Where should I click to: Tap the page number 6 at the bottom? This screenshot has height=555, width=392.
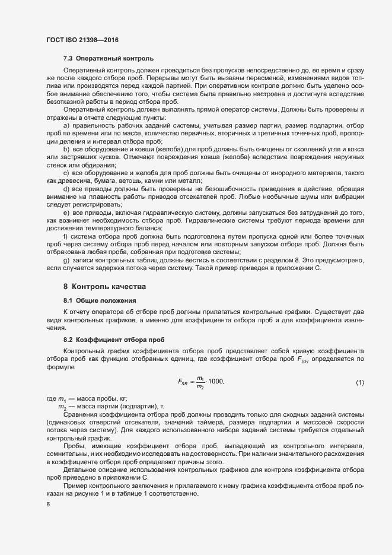48,505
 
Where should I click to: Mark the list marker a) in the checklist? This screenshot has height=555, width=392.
66,126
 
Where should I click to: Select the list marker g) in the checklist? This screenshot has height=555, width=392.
66,261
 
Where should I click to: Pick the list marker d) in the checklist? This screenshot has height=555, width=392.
66,205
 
